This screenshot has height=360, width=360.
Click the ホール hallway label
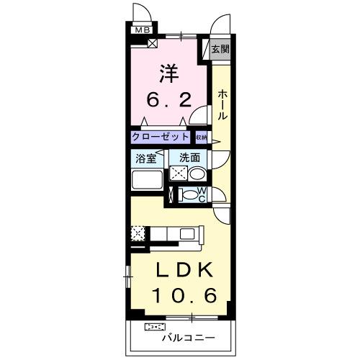tap(222, 104)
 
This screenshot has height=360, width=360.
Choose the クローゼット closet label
tap(161, 136)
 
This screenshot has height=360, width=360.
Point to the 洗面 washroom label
tap(189, 158)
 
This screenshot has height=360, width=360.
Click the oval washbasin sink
tap(197, 174)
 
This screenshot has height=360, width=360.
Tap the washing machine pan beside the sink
tap(179, 174)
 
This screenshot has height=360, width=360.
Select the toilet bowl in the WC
tap(188, 194)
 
